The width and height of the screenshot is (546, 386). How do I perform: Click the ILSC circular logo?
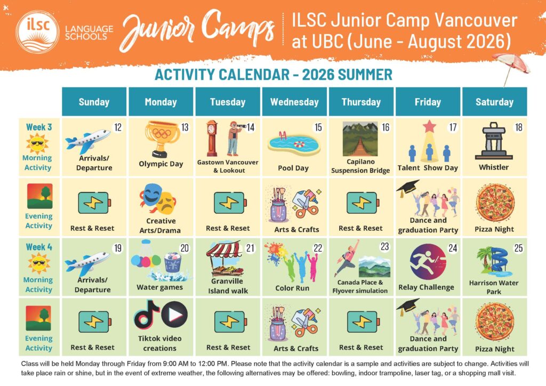pos(37,32)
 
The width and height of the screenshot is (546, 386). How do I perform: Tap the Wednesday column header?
pos(294,102)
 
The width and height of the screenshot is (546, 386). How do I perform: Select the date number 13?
pos(184,127)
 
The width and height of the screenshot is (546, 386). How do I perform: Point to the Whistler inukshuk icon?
pos(493,141)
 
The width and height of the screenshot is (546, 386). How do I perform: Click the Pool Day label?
pos(293,168)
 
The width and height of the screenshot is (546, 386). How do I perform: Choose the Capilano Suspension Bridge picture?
pos(360,139)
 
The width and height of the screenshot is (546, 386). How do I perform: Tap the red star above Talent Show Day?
pos(429,126)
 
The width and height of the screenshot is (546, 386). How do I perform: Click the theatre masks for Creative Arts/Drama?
pos(158,199)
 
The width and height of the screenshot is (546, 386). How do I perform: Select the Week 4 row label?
pos(39,247)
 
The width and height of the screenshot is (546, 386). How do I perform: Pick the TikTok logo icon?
pos(147,315)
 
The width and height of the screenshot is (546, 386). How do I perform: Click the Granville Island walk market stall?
pos(224,258)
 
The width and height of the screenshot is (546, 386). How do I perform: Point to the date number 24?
pos(452,248)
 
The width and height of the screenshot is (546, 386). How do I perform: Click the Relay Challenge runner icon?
pos(428,262)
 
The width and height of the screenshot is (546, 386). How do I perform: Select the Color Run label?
pos(292,288)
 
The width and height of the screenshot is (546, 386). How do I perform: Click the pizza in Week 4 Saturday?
pos(494,321)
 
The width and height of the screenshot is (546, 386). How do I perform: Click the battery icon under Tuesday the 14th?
pos(230,203)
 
